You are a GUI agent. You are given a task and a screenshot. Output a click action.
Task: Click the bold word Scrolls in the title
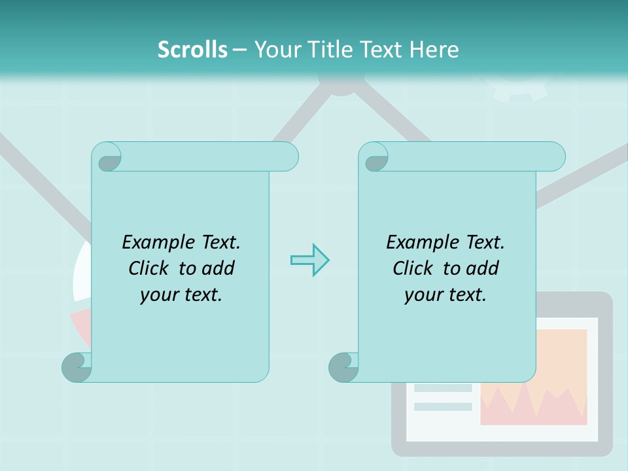[x=192, y=50]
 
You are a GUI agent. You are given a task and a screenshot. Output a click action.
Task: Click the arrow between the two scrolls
[x=309, y=260]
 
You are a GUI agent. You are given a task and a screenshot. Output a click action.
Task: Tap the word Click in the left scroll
[x=150, y=268]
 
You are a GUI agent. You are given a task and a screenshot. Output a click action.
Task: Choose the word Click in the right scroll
[x=415, y=268]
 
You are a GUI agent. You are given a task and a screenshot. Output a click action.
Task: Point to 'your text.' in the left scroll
[x=181, y=294]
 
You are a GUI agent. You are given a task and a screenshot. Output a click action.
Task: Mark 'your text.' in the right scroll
[x=445, y=294]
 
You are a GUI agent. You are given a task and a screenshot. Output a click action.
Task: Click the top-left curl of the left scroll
[x=107, y=158]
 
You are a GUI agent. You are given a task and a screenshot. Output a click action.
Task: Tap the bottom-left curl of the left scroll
[x=77, y=367]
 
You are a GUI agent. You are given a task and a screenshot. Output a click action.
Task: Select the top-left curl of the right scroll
[x=374, y=158]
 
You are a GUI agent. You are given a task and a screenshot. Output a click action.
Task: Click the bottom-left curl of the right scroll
[x=343, y=367]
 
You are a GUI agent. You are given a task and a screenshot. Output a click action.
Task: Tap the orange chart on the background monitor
[x=534, y=377]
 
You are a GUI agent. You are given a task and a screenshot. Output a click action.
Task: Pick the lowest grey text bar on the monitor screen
[x=443, y=406]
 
